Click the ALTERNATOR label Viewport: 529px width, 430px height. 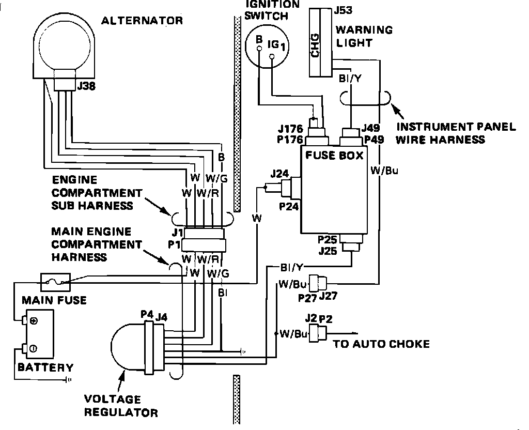click(x=142, y=21)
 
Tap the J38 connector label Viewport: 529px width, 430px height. click(x=86, y=86)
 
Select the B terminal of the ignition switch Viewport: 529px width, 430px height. click(x=259, y=49)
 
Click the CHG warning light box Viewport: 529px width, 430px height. click(x=320, y=43)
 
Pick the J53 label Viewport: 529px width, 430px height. click(x=344, y=10)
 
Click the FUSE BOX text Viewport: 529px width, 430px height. click(x=334, y=155)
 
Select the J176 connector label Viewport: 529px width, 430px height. click(x=290, y=129)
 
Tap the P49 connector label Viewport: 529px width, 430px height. click(x=374, y=140)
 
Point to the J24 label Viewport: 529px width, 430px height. click(x=279, y=174)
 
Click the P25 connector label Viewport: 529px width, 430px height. click(x=327, y=239)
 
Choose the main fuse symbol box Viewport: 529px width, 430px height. click(x=55, y=282)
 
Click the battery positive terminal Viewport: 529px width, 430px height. click(x=25, y=320)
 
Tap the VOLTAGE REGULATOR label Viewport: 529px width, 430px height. click(x=121, y=406)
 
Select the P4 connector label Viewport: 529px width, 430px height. click(x=147, y=314)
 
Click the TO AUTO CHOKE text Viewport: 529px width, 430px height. click(x=382, y=344)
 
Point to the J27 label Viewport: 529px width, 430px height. click(x=328, y=296)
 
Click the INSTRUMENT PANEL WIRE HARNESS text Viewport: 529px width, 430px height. click(x=456, y=133)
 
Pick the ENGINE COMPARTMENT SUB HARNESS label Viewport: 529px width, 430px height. click(x=97, y=193)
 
